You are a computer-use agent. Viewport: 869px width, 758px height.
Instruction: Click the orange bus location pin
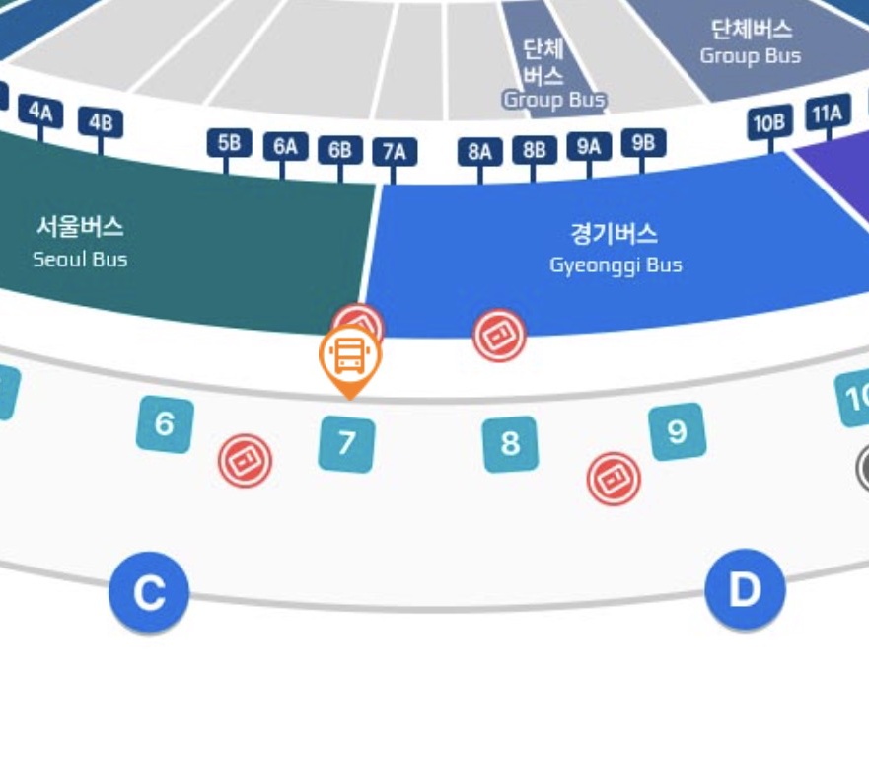coord(350,358)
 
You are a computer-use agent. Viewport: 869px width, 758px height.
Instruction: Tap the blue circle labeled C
coord(149,592)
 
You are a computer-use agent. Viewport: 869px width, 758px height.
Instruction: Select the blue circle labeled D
coord(745,590)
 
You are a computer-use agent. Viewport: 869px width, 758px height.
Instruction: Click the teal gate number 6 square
coord(165,424)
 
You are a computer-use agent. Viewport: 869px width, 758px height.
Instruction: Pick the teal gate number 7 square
coord(346,444)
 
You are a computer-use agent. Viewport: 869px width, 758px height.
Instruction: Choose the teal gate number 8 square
coord(510,444)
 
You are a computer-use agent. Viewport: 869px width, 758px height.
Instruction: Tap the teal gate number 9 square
coord(677,431)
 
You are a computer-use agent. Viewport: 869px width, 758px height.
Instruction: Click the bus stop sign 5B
coord(229,143)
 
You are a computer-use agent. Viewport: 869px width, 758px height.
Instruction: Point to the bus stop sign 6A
coord(285,147)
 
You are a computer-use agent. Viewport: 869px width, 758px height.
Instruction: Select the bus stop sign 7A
coord(395,151)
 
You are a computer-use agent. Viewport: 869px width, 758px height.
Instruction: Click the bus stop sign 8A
coord(480,151)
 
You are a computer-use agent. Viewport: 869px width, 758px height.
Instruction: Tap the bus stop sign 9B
coord(643,142)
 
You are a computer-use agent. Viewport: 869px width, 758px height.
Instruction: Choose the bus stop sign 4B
coord(101,122)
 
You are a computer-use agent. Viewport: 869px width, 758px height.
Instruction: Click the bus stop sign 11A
coord(828,114)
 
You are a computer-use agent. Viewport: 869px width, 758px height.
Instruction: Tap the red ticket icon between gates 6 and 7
coord(245,460)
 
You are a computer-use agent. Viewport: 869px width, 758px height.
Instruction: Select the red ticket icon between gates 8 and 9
coord(614,479)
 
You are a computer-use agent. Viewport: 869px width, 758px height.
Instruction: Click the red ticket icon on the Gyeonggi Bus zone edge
coord(499,336)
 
